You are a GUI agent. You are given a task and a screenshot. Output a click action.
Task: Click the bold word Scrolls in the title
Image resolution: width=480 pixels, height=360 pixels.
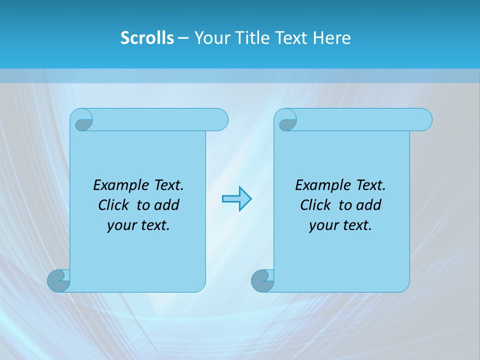coord(147,38)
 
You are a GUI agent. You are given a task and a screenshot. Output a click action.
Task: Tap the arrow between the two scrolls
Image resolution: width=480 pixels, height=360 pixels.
coord(236,198)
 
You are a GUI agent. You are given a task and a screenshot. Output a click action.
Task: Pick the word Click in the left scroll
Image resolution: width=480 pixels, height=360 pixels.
coord(113,205)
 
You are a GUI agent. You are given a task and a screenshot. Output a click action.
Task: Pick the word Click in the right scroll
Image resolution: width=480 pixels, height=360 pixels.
coord(315,205)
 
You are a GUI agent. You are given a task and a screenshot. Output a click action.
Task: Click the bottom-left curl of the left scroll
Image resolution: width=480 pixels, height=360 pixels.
coord(58,280)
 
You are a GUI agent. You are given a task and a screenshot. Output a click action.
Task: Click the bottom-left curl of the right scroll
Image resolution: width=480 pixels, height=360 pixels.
coord(262,280)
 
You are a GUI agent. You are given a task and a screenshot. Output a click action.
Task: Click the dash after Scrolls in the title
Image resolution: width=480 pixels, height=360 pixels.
coord(183,38)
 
